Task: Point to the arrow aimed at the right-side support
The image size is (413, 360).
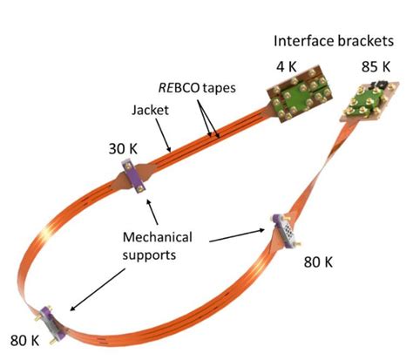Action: click(240, 234)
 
